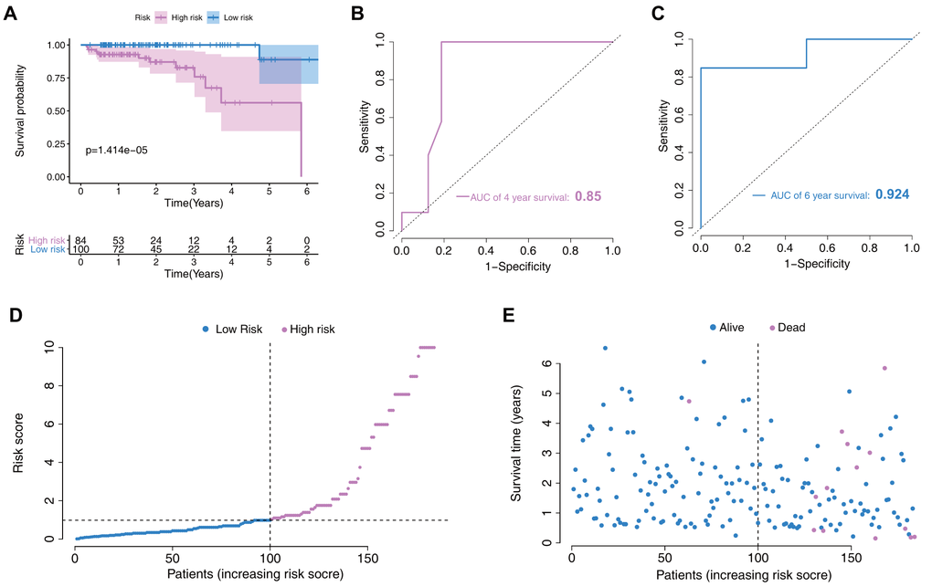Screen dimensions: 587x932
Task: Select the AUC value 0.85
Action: (x=588, y=195)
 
